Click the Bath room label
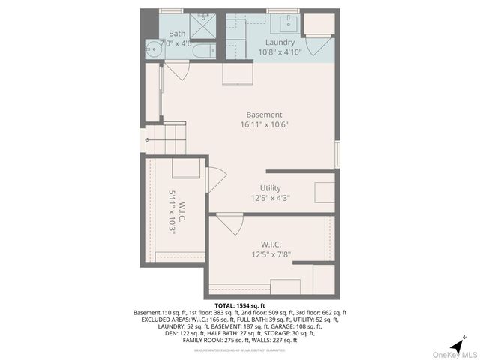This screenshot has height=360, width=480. pos(177,34)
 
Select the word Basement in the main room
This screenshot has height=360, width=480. pos(264,115)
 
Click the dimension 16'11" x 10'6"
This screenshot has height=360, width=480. pos(264,125)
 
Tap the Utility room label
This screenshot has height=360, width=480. pos(270,188)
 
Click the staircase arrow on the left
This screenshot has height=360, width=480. pos(145,141)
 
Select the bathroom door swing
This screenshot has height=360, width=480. pos(177,73)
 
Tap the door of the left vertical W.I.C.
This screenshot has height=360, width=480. pos(215,178)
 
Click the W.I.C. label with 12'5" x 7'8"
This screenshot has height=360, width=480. pos(270,244)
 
